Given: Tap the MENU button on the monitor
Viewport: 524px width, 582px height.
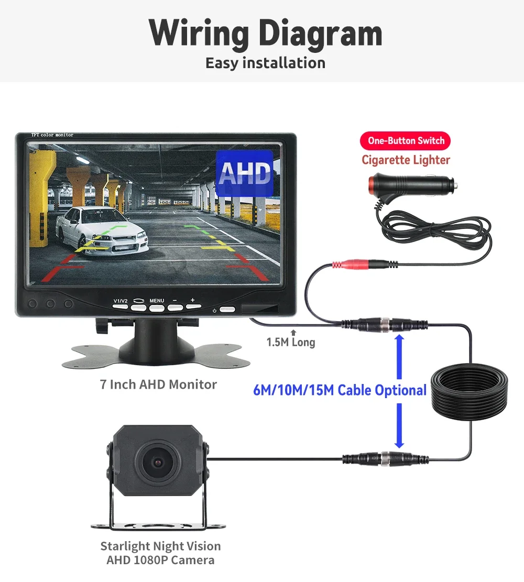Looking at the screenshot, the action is [x=157, y=308].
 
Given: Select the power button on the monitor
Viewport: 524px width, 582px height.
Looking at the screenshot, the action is [x=226, y=310].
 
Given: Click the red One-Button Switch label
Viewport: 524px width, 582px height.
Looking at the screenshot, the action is [x=406, y=140].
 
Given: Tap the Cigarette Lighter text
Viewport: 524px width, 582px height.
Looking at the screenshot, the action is [x=406, y=160].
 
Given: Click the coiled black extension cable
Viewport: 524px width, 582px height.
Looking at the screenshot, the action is [x=469, y=390].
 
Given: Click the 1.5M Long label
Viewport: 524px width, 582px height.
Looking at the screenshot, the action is [x=291, y=343].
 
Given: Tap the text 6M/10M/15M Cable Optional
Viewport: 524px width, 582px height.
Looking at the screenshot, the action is [x=340, y=390].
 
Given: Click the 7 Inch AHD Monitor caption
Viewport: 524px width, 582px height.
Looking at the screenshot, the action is [x=158, y=385].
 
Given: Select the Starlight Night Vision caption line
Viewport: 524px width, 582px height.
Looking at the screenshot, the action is [x=160, y=546].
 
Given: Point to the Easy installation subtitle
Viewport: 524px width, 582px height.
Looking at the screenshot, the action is [x=265, y=63].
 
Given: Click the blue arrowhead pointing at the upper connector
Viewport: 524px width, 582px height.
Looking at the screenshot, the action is [x=399, y=341].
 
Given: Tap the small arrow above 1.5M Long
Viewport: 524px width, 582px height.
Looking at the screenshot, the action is [x=293, y=332].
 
